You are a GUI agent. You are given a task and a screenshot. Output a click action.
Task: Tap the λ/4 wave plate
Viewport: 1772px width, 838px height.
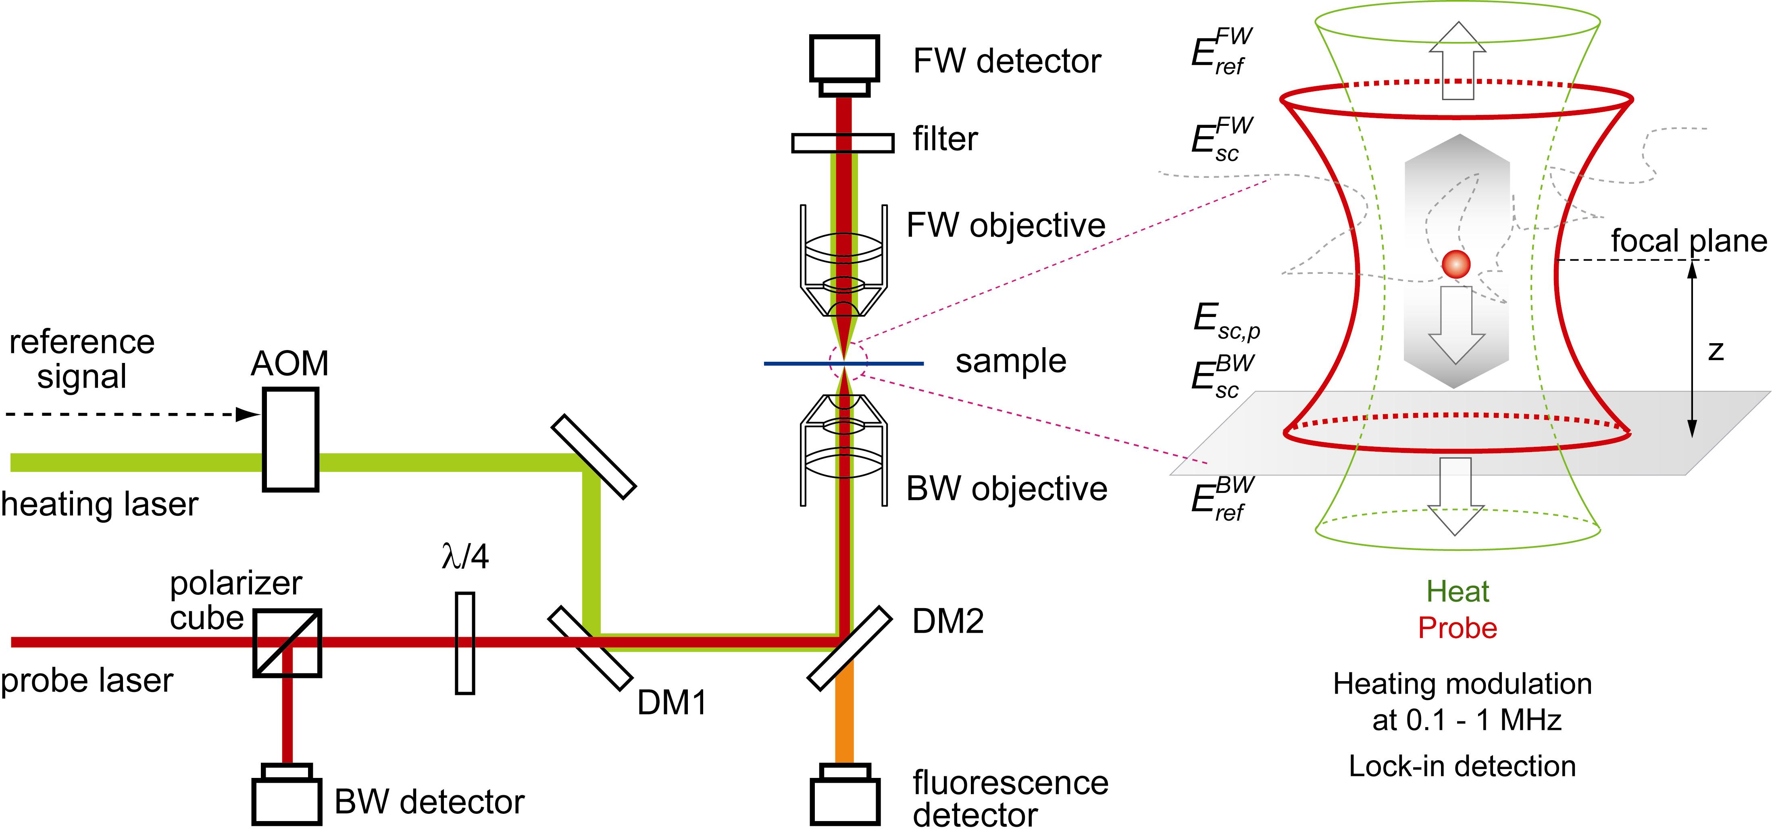click(465, 642)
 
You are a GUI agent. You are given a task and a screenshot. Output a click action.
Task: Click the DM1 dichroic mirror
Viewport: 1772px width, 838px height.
click(589, 647)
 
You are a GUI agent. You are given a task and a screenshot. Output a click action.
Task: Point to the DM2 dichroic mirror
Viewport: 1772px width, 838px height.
click(849, 647)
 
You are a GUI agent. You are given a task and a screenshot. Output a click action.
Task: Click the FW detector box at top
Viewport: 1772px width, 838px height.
click(844, 58)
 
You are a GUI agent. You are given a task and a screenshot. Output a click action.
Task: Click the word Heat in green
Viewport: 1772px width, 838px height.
click(1457, 592)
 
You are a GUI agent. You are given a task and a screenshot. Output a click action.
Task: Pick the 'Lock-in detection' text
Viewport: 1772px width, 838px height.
click(1462, 766)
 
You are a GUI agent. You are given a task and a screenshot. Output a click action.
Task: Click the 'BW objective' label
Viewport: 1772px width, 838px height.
click(1006, 488)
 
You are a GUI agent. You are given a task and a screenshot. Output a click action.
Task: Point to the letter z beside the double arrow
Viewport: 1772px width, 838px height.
click(1716, 351)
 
